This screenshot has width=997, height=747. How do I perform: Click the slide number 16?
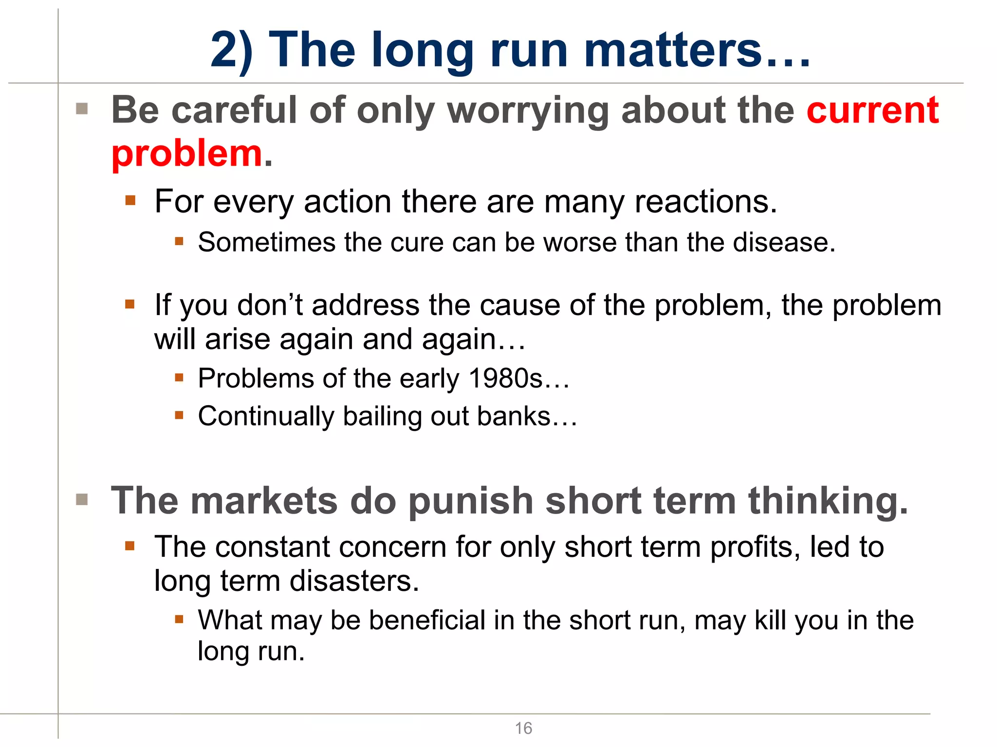pyautogui.click(x=523, y=728)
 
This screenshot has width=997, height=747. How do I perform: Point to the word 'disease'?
pyautogui.click(x=783, y=242)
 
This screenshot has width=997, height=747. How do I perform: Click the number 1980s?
pyautogui.click(x=505, y=378)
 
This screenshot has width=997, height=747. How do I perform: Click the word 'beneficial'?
pyautogui.click(x=427, y=620)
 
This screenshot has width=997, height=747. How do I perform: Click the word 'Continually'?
pyautogui.click(x=266, y=417)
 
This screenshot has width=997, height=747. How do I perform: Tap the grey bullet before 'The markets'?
pyautogui.click(x=82, y=499)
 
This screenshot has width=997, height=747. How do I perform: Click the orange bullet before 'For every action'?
pyautogui.click(x=130, y=200)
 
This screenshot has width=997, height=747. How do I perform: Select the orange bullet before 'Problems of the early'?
pyautogui.click(x=179, y=377)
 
